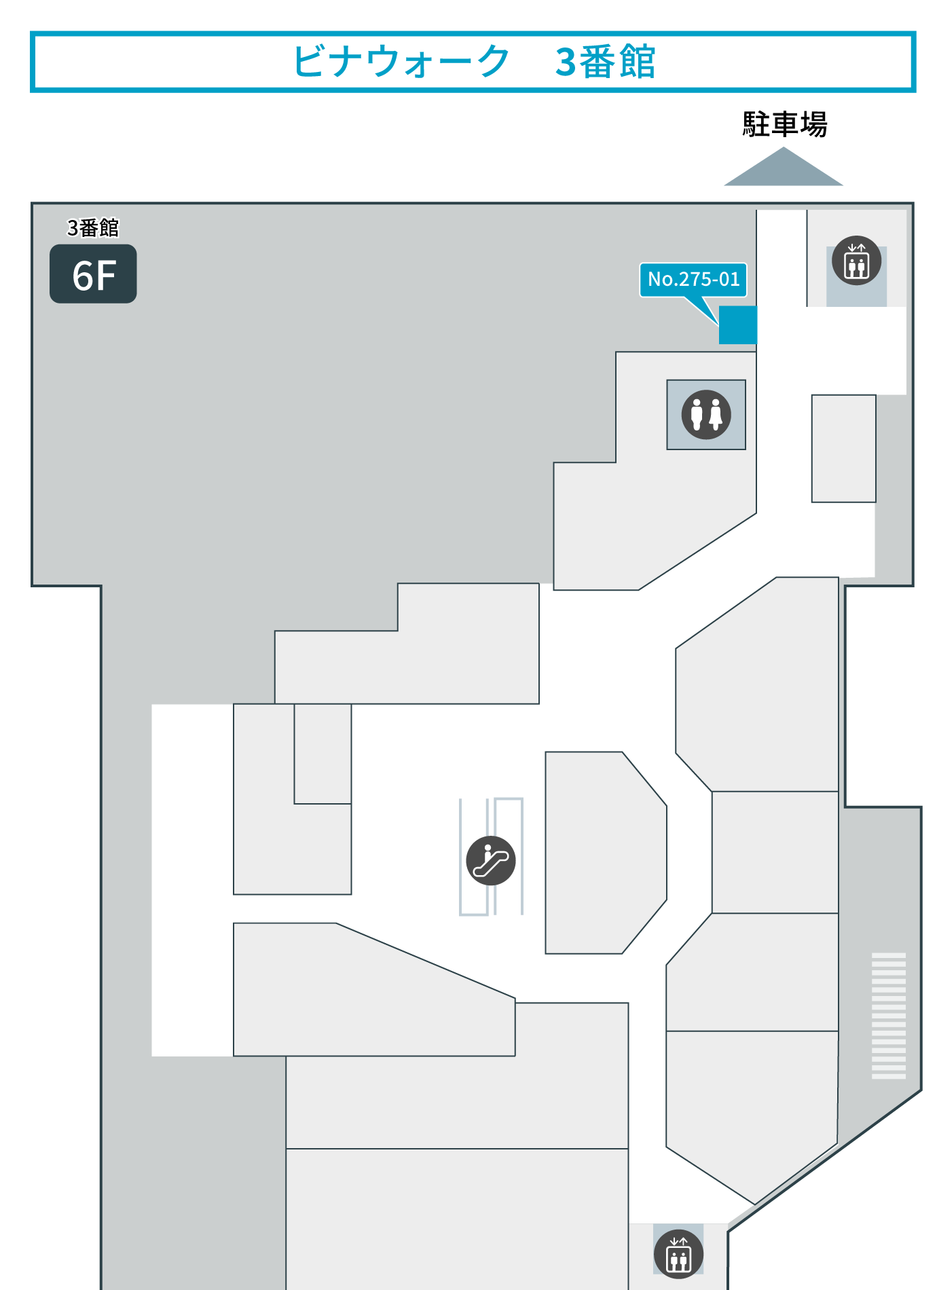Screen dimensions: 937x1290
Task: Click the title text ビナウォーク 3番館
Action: [x=473, y=61]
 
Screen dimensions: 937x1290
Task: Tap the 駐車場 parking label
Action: [x=784, y=124]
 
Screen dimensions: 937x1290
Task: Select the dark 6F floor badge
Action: [x=93, y=274]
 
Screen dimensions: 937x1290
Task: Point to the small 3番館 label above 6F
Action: [x=93, y=227]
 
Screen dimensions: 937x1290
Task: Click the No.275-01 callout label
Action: [x=693, y=280]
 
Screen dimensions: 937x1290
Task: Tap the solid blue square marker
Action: [x=738, y=325]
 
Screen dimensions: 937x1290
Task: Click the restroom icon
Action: [x=706, y=414]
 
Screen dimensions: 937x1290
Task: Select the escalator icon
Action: [x=491, y=860]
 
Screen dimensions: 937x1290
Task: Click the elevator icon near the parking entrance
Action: [x=857, y=261]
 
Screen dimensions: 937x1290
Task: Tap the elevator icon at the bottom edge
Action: [x=679, y=1254]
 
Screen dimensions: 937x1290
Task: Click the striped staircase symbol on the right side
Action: [x=889, y=1016]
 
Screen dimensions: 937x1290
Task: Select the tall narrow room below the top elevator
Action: [x=844, y=449]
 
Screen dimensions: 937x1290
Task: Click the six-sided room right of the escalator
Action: [x=606, y=853]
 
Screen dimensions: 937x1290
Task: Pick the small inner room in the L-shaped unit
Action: [x=323, y=754]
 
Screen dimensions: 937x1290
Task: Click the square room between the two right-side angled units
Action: [x=775, y=852]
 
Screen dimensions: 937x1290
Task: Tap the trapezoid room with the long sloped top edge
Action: [x=374, y=989]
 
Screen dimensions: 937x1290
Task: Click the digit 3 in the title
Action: [x=566, y=62]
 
